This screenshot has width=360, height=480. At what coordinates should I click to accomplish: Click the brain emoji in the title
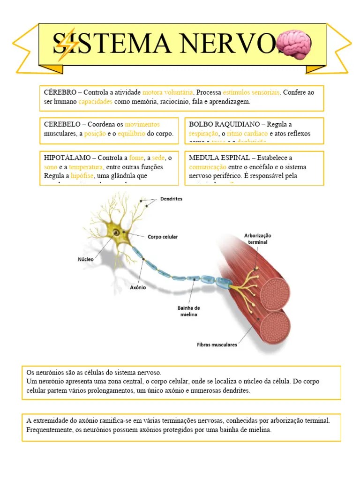(x=293, y=45)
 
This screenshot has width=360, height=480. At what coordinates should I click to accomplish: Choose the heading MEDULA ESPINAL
(x=219, y=158)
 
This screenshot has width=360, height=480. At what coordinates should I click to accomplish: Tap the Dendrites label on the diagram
(x=171, y=199)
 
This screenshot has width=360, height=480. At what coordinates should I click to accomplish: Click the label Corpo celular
(x=163, y=237)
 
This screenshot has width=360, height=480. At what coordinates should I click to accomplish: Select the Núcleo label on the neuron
(x=86, y=259)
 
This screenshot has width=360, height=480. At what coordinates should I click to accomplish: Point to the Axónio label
(x=138, y=287)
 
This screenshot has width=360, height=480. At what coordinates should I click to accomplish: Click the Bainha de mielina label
(x=189, y=311)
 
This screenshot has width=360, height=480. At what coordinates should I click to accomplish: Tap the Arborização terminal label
(x=258, y=239)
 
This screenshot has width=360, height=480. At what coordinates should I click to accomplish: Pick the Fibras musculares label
(x=217, y=345)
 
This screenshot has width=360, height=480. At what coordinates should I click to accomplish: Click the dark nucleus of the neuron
(x=115, y=232)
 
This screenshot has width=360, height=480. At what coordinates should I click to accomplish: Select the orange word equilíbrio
(x=131, y=134)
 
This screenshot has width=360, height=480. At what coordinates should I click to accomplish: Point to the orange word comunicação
(x=208, y=167)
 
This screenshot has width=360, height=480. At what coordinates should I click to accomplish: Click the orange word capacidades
(x=95, y=101)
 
